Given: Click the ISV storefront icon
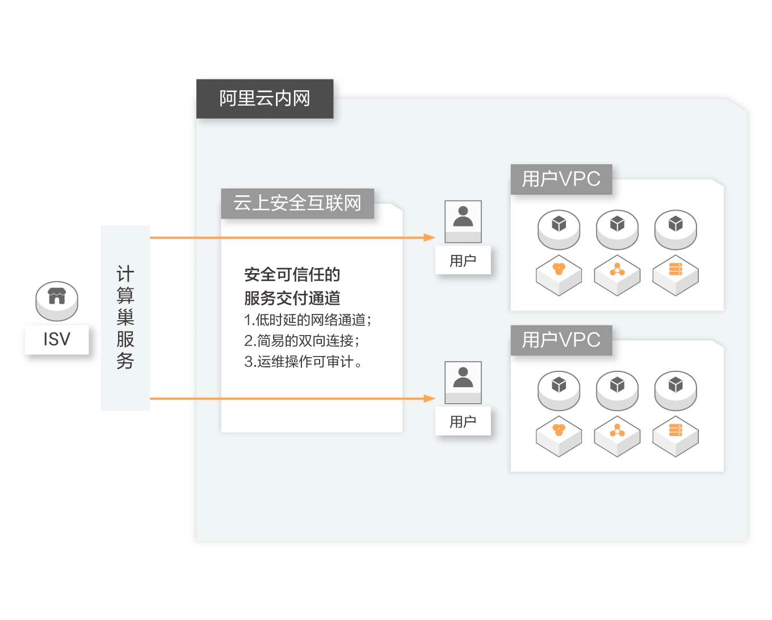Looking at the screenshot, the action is coord(57,298).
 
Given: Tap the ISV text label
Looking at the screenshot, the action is coord(57,340).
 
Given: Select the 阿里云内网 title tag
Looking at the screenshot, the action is coord(265,99).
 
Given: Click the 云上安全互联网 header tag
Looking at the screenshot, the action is coord(297,203).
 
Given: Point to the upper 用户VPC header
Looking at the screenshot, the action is coord(561,179).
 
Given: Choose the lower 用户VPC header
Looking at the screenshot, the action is coord(561,340).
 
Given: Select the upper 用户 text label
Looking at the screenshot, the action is coord(463,261).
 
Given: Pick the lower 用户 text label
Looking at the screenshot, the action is coord(463,422).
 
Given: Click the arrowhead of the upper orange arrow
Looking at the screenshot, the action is coord(430,237).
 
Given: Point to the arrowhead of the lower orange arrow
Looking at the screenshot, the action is coord(430,399).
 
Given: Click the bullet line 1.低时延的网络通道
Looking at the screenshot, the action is coord(308,320).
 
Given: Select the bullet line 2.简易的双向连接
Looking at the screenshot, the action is coord(301,341).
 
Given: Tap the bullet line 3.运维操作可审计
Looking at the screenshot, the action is coord(303,362).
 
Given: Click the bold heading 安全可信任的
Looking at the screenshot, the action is coord(292,275).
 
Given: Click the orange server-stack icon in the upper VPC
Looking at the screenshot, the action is coord(675,270).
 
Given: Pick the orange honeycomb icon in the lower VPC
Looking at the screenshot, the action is coord(559,430).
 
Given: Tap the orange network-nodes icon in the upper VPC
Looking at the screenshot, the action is coord(617,270).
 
